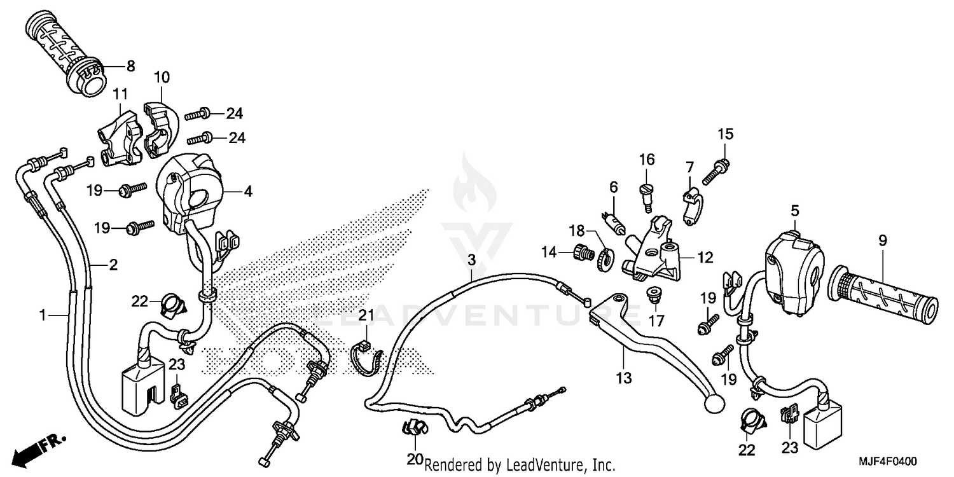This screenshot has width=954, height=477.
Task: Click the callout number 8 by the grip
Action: point(130,65)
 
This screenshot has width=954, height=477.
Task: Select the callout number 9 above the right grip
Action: point(883,240)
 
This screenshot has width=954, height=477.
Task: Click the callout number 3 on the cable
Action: point(471,259)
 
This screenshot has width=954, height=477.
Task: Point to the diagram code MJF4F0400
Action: point(892,461)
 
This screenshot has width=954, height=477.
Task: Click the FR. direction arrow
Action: point(35,449)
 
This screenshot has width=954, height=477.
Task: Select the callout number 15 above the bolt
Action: point(726,134)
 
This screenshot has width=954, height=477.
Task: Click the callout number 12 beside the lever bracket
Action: point(705,258)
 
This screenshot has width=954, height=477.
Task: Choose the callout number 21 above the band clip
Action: point(366,316)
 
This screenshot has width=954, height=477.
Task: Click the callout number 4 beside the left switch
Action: point(248,190)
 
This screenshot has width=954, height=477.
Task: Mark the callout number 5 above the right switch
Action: point(794,209)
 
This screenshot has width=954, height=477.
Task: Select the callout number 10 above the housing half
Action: point(162,78)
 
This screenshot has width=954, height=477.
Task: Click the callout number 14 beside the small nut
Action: point(549,252)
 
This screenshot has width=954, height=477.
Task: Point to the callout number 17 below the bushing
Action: point(656,320)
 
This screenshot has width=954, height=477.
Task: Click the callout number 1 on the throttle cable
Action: point(43,315)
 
